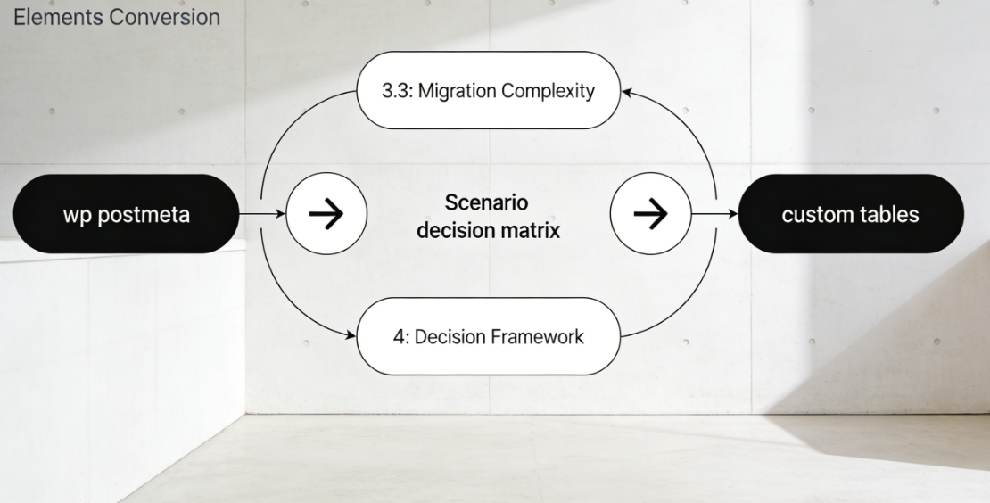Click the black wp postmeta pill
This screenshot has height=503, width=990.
126,214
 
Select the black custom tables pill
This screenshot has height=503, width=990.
850,214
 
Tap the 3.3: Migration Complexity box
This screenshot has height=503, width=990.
488,91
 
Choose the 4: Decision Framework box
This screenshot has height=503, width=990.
488,336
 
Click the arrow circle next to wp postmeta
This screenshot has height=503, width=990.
326,214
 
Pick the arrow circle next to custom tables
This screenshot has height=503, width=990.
651,214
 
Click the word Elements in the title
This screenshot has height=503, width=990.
50,16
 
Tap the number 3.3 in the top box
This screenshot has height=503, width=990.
395,91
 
